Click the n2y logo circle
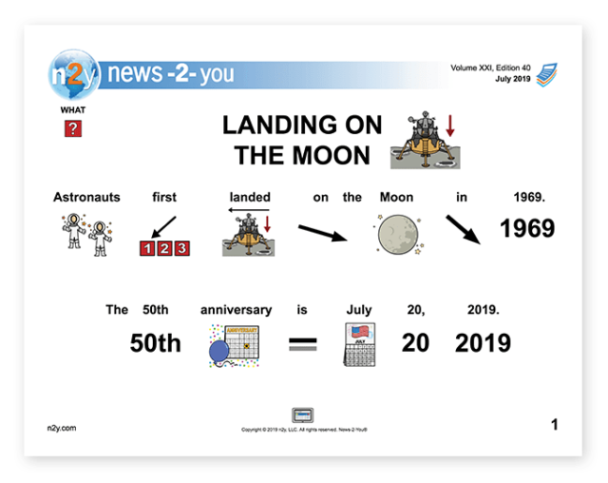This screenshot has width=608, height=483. click(x=73, y=73)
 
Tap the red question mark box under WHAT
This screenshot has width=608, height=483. click(x=73, y=128)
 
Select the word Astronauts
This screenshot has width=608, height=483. click(x=86, y=198)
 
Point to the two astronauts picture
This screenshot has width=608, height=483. click(x=86, y=231)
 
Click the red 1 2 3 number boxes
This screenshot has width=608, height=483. click(x=164, y=248)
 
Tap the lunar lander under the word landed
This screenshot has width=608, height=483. click(x=248, y=234)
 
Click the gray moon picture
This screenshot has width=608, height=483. click(x=397, y=233)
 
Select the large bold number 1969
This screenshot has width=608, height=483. click(x=527, y=229)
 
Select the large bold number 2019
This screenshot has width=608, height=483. click(x=483, y=343)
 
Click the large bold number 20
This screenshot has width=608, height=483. click(x=415, y=343)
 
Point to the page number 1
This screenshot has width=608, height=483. click(x=554, y=425)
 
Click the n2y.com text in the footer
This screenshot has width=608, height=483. click(x=60, y=428)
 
